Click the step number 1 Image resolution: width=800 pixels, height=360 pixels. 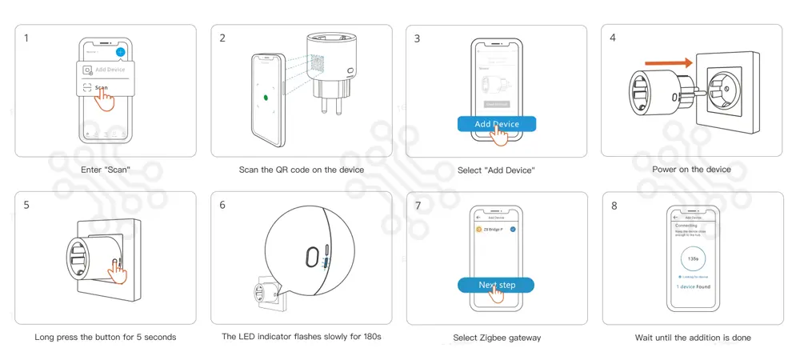26,38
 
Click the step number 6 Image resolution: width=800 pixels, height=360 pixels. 222,205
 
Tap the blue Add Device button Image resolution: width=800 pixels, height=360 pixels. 496,124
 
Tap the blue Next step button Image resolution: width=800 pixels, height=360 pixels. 496,285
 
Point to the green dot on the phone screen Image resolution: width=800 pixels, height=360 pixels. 266,100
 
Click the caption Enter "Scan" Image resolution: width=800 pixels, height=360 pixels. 105,170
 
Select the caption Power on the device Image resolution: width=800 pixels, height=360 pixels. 691,170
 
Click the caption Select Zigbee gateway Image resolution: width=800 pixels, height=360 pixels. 497,338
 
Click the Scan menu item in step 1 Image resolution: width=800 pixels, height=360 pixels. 101,88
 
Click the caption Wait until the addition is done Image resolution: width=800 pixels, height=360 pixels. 693,338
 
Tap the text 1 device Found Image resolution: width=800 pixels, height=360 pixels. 693,286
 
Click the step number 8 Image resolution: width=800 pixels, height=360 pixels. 614,206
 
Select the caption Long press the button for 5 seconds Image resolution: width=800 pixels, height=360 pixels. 105,337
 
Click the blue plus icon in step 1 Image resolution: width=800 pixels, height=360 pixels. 119,52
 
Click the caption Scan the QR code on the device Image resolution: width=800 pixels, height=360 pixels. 301,170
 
